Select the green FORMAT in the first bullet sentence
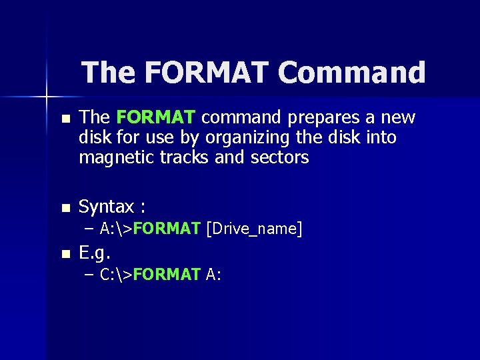tap(155, 118)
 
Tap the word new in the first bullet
tap(398, 118)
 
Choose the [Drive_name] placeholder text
tap(255, 229)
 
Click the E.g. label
tap(95, 253)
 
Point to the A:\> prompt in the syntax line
tap(115, 229)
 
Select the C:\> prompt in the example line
tap(115, 275)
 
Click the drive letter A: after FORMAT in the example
tap(214, 275)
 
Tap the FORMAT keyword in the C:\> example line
tap(167, 275)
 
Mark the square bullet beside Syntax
tap(65, 208)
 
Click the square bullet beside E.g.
tap(65, 254)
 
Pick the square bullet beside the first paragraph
tap(65, 119)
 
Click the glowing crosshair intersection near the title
tap(47, 97)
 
